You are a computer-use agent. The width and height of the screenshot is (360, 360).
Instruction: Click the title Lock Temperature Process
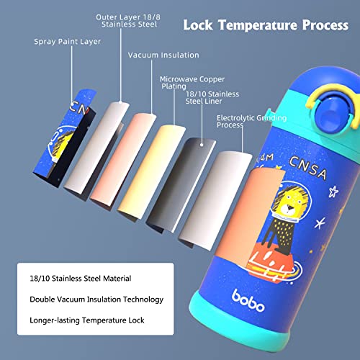click(x=266, y=25)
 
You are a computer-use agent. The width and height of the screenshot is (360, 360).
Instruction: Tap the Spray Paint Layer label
click(x=67, y=42)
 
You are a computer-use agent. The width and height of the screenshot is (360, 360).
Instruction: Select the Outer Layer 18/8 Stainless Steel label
click(x=128, y=21)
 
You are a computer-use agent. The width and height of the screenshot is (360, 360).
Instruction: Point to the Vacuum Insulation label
click(x=163, y=55)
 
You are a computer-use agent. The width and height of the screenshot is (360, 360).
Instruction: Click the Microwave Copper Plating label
click(x=192, y=83)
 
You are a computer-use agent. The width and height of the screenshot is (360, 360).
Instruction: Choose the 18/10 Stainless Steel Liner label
click(x=212, y=97)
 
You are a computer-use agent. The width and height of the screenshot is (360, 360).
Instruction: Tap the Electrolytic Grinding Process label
click(x=251, y=121)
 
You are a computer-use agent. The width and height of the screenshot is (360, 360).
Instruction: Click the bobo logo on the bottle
click(x=248, y=301)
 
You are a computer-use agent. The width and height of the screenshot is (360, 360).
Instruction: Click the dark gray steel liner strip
click(x=181, y=185)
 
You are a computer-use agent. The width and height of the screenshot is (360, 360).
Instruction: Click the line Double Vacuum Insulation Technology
click(x=96, y=300)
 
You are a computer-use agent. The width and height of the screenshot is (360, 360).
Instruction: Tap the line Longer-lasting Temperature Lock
click(x=87, y=320)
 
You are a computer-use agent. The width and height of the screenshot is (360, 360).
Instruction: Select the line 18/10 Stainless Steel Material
click(x=81, y=279)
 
